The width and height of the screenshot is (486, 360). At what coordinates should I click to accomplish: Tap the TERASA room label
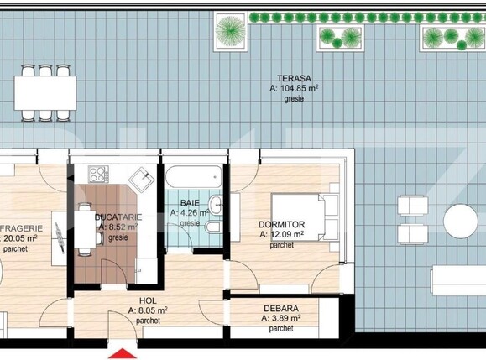pos(287,76)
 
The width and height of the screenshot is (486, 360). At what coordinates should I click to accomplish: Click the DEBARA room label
pos(281,308)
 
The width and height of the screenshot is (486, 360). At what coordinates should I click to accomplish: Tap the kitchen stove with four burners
pos(98,176)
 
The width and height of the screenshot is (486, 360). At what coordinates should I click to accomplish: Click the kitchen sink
pos(141,178)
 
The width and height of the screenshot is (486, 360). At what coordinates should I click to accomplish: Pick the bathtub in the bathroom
pos(194,177)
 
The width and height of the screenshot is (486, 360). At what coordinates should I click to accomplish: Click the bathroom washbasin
pos(216,204)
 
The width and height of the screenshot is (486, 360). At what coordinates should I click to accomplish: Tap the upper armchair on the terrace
pos(412,206)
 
